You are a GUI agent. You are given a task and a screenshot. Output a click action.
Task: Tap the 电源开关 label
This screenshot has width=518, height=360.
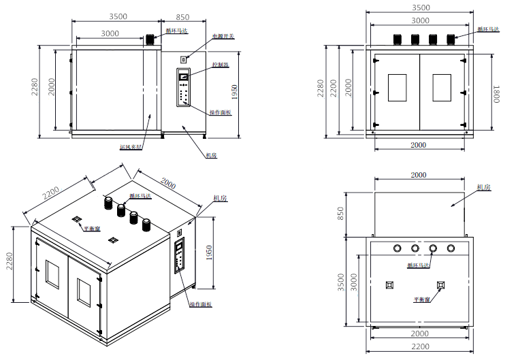point(223,37)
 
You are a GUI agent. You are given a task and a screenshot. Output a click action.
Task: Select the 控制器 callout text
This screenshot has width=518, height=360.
point(221,65)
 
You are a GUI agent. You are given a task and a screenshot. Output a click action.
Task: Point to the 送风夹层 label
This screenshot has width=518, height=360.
point(130,146)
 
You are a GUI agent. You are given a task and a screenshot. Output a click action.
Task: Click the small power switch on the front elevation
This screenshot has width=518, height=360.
point(182,61)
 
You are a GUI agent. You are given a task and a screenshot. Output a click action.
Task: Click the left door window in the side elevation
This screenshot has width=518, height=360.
point(397,88)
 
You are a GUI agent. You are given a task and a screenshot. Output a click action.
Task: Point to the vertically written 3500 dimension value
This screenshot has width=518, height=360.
point(341,280)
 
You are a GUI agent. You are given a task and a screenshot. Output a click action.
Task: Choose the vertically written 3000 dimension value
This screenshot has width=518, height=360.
point(354,280)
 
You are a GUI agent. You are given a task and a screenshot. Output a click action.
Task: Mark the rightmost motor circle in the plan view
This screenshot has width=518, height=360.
point(450,248)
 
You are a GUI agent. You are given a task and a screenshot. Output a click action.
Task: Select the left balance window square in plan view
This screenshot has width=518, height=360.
point(390,284)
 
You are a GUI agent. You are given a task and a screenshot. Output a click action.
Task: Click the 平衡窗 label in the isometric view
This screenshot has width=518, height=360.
point(92,229)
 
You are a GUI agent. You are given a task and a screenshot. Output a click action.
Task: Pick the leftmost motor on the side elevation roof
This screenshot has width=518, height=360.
point(394,38)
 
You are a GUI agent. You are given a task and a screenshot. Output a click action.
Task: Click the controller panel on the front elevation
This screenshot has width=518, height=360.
point(183,88)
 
